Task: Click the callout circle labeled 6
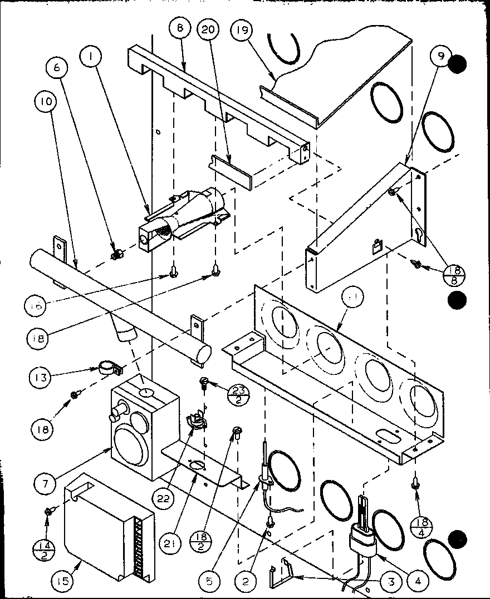coord(60,68)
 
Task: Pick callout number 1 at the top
coord(90,56)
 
